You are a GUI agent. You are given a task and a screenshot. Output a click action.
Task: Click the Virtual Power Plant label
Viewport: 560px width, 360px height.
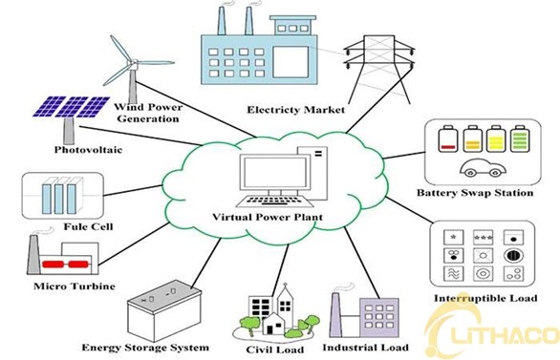click(268, 217)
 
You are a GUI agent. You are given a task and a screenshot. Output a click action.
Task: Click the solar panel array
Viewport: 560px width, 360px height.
click(71, 107)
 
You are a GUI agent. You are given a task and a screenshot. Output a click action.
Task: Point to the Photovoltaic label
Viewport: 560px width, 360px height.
click(88, 150)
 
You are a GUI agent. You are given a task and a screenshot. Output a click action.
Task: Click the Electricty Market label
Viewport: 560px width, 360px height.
click(296, 110)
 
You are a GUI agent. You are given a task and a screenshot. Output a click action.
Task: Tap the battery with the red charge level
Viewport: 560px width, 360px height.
click(448, 138)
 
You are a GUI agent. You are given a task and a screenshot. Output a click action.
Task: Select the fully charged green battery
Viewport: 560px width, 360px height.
click(520, 138)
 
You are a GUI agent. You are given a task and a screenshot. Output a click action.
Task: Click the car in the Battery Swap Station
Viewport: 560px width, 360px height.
click(483, 168)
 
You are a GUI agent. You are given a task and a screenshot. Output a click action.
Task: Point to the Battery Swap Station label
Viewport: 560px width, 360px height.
click(475, 193)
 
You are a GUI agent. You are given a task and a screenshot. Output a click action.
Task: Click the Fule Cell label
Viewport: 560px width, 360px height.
click(88, 226)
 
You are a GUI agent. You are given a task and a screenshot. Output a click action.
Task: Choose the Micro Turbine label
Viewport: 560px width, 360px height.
click(75, 286)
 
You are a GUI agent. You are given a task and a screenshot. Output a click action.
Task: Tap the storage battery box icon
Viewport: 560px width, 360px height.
click(164, 310)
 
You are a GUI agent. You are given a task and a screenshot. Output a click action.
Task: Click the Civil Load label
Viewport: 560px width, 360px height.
click(275, 349)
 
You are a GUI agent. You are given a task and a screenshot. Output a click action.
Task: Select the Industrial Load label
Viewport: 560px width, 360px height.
click(365, 348)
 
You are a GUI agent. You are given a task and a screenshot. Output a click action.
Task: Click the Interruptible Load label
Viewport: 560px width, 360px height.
click(485, 298)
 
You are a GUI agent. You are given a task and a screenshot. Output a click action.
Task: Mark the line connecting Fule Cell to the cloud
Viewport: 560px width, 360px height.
click(133, 191)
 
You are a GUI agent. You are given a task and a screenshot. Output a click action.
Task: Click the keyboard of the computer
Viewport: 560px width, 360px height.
click(275, 201)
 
